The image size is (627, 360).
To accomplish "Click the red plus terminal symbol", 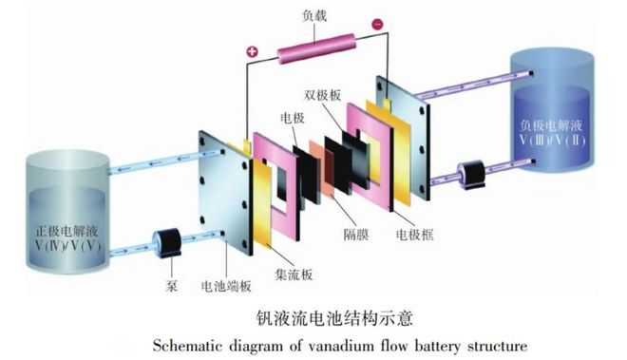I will (x=252, y=51).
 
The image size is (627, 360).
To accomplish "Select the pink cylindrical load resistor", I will (x=314, y=46).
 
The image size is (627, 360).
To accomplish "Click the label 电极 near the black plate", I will (x=292, y=119).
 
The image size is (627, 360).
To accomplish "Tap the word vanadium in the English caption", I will (x=365, y=342).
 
